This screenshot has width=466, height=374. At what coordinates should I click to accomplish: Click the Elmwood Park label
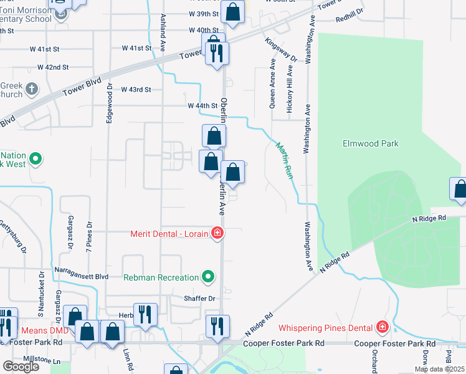370,143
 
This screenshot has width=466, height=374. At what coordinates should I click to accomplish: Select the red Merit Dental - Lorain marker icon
217,234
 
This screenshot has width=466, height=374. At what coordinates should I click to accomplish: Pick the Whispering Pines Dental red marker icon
382,327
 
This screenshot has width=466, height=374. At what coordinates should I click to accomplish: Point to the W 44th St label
202,106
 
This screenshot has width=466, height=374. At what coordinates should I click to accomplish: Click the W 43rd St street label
136,90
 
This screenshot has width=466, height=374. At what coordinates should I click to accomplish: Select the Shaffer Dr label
199,299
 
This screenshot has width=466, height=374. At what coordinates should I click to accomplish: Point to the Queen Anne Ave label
272,84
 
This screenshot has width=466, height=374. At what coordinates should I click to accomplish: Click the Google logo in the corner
21,367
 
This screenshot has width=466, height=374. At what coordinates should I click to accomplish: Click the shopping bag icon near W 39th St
232,12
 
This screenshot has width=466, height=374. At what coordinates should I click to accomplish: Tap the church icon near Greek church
32,89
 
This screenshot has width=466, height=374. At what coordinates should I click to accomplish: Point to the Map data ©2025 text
439,369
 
